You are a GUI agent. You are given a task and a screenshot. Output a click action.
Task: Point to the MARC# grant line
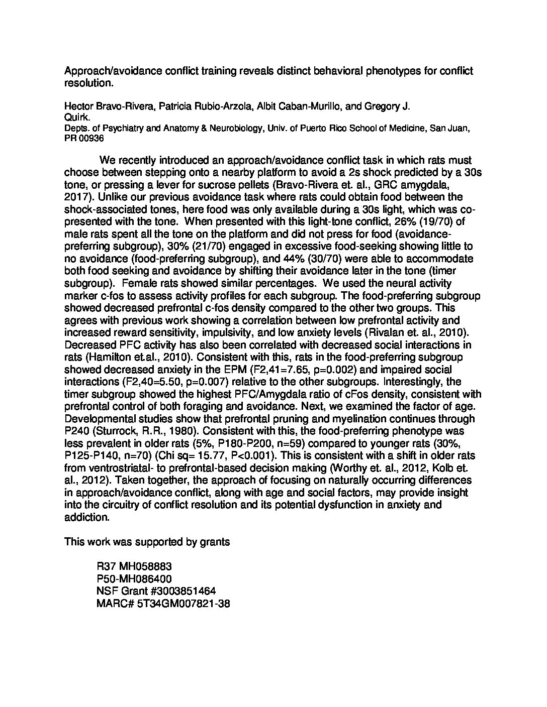pos(163,604)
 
